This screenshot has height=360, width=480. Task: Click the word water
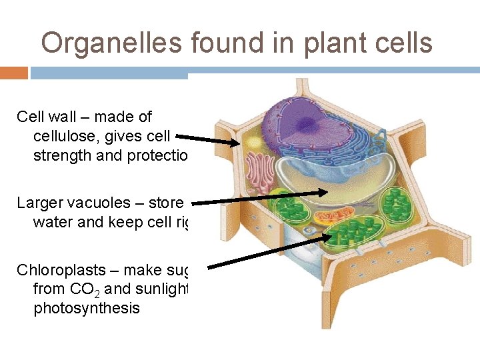(53, 221)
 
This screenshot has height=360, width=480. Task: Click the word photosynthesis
(87, 309)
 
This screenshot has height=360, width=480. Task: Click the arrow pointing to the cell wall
(207, 139)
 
